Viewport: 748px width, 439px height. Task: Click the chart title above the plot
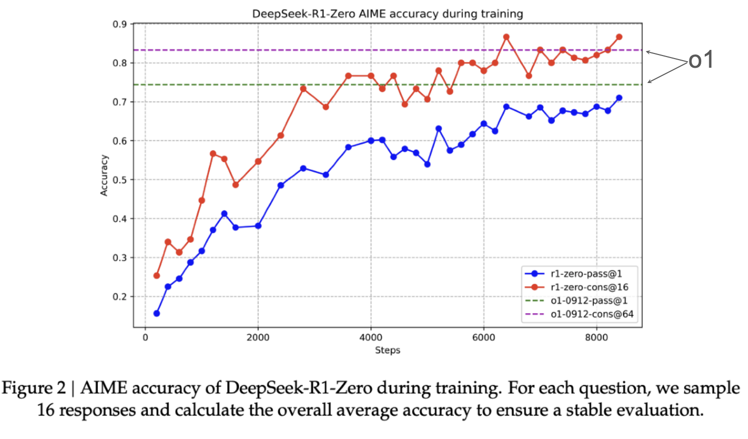click(x=387, y=14)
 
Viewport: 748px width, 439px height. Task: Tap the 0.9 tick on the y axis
click(x=120, y=24)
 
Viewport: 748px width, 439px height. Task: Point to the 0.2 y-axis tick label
click(x=120, y=296)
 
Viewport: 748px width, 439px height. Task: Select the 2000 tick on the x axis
click(x=258, y=338)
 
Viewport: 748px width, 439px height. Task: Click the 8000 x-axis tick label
click(x=596, y=338)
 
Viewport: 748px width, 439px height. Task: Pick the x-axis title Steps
click(x=387, y=350)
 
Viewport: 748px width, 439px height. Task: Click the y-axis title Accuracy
click(x=104, y=175)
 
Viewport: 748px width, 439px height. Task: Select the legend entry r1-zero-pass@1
click(x=586, y=274)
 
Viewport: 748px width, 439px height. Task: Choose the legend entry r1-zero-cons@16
click(x=589, y=287)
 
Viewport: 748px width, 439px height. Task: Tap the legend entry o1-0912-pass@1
click(x=589, y=301)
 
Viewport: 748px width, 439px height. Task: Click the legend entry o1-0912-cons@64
click(x=592, y=314)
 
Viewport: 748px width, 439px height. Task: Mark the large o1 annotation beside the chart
click(x=701, y=60)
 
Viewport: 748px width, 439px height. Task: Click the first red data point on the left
click(x=157, y=276)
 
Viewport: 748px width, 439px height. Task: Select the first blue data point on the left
click(x=157, y=313)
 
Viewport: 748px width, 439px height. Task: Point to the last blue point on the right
click(x=619, y=98)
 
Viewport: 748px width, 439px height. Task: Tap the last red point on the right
click(x=619, y=37)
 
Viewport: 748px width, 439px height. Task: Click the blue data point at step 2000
click(x=258, y=226)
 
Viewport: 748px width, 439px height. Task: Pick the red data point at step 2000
click(x=258, y=161)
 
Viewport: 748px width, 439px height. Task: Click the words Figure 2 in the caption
click(x=34, y=388)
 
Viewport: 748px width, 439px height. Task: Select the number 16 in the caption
click(x=46, y=410)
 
